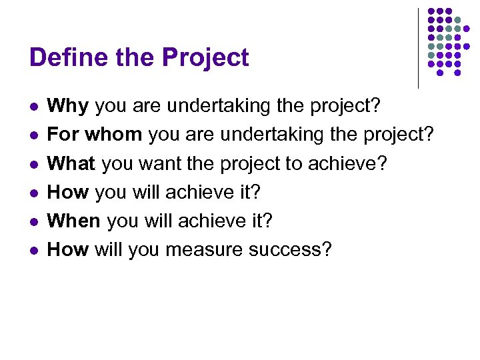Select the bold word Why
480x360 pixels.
pos(69,105)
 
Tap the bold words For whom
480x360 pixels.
pos(95,134)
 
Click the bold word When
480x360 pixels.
pos(74,220)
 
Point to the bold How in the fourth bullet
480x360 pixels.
pos(68,191)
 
